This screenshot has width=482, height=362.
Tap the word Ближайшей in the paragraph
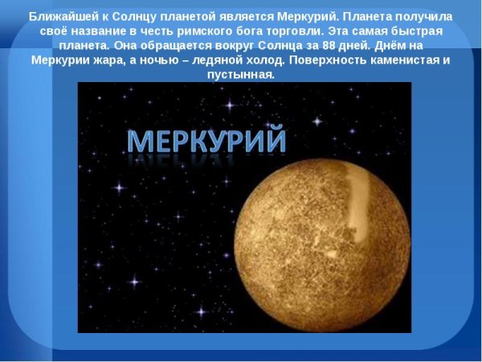pyautogui.click(x=59, y=16)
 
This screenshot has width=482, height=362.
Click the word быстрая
pyautogui.click(x=431, y=31)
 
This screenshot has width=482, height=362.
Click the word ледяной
pyautogui.click(x=223, y=60)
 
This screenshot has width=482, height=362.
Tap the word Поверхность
pyautogui.click(x=339, y=60)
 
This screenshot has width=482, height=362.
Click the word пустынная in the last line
pyautogui.click(x=241, y=75)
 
